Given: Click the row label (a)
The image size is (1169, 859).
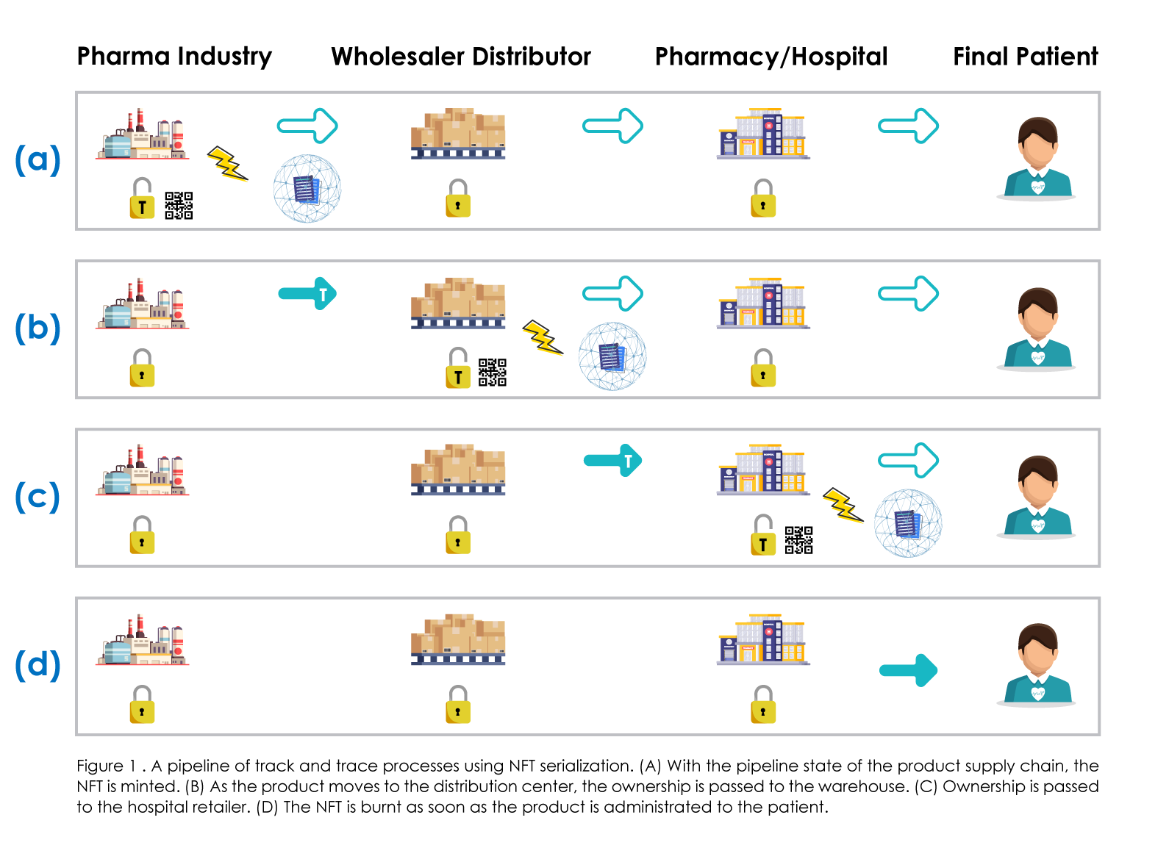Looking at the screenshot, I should (x=37, y=159).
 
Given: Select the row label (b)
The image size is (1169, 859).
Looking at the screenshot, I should (x=37, y=328).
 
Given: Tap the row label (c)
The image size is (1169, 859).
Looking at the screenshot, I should (x=37, y=497).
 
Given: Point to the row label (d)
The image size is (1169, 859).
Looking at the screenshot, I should (x=37, y=665).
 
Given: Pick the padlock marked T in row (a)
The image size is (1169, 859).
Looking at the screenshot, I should (x=142, y=199).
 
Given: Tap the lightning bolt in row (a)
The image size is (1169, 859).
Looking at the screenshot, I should (x=226, y=164).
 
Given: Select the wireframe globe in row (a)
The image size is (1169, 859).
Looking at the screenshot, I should (x=307, y=188).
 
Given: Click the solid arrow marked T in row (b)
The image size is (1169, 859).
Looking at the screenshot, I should (x=307, y=294).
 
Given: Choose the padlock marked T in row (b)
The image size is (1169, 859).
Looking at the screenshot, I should (x=458, y=368).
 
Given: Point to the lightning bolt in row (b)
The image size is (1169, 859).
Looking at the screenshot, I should (x=542, y=338).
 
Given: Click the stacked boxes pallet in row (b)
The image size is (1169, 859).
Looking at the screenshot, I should (x=458, y=303).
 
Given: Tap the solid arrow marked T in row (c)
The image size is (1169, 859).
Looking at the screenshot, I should (x=613, y=461).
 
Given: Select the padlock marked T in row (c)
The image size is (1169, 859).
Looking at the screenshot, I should (x=763, y=535).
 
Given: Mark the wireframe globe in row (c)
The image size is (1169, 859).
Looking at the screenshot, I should (x=908, y=523).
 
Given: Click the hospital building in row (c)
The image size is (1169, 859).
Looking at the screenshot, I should (x=763, y=470).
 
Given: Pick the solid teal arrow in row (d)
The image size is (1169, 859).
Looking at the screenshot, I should (x=909, y=670).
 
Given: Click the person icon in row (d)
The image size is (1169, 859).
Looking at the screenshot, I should (x=1037, y=665).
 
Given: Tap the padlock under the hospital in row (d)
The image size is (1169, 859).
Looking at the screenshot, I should (x=763, y=705).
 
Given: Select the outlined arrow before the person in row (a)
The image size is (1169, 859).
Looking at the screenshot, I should (x=909, y=126).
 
